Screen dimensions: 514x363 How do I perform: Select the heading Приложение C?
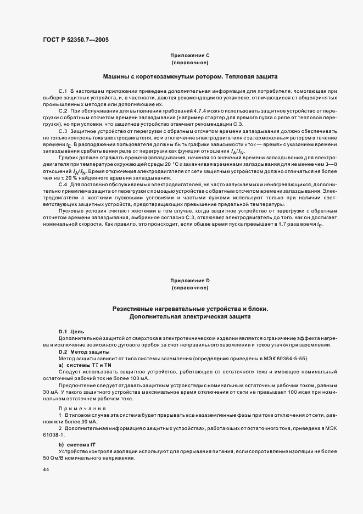point(190,55)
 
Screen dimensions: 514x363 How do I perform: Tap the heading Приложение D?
point(190,281)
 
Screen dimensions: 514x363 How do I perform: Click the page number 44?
point(45,470)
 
